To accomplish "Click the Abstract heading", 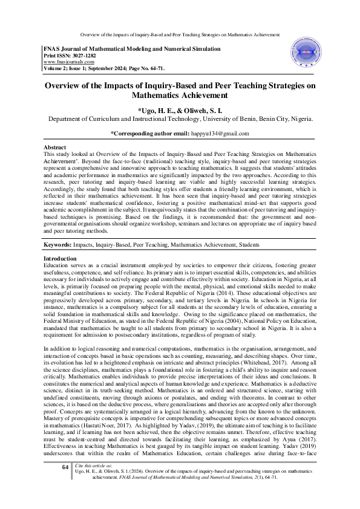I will (55, 148).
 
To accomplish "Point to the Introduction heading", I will (61, 274).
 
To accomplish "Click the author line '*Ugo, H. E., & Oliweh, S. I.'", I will (180, 110).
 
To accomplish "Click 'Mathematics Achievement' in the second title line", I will (180, 94).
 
